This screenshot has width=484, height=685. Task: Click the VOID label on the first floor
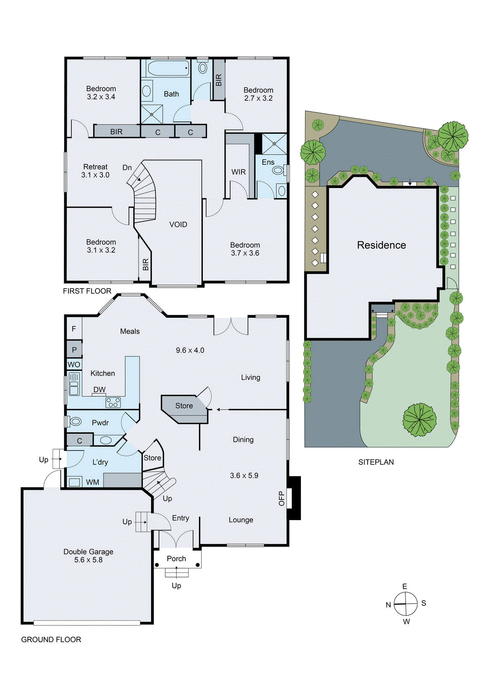pyautogui.click(x=178, y=225)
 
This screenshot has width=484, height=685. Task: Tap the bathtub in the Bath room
pyautogui.click(x=168, y=68)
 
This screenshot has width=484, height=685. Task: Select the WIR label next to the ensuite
pyautogui.click(x=238, y=172)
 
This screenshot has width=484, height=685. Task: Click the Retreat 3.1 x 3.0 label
pyautogui.click(x=95, y=171)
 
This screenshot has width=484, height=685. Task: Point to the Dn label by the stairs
pyautogui.click(x=127, y=167)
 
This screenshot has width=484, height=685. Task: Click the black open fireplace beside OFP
pyautogui.click(x=295, y=498)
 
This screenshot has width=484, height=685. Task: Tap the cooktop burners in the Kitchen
pyautogui.click(x=113, y=402)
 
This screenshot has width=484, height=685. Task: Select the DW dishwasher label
pyautogui.click(x=99, y=390)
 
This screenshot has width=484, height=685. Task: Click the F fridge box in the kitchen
pyautogui.click(x=74, y=329)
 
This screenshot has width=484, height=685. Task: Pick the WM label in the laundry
pyautogui.click(x=92, y=482)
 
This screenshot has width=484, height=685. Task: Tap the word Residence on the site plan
pyautogui.click(x=381, y=245)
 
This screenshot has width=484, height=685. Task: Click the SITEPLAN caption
pyautogui.click(x=376, y=462)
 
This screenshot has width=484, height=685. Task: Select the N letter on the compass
pyautogui.click(x=388, y=605)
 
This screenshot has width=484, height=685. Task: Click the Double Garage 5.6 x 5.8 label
pyautogui.click(x=88, y=556)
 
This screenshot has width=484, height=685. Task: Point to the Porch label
pyautogui.click(x=176, y=559)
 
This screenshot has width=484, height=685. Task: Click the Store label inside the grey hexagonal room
pyautogui.click(x=184, y=405)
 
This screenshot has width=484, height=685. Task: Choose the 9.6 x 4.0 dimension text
pyautogui.click(x=190, y=350)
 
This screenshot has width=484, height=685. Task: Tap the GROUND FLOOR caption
pyautogui.click(x=51, y=640)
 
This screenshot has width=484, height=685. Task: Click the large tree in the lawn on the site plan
pyautogui.click(x=419, y=420)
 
